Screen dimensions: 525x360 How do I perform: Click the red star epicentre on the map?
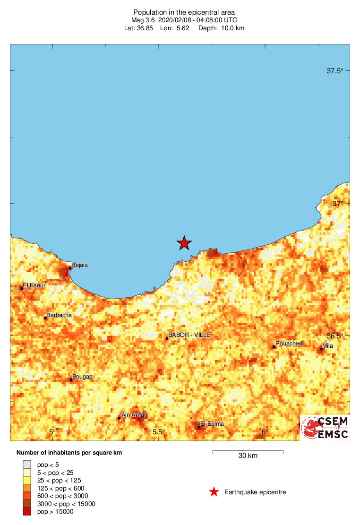[184, 243]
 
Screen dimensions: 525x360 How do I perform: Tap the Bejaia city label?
[79, 265]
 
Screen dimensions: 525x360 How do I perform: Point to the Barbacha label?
[59, 315]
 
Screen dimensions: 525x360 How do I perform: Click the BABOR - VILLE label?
[189, 335]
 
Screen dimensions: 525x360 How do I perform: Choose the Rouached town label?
[289, 344]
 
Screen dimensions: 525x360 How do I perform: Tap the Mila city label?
[327, 346]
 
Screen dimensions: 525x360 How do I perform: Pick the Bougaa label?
[82, 377]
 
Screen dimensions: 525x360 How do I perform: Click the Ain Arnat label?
[134, 415]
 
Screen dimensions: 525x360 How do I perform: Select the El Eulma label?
[212, 424]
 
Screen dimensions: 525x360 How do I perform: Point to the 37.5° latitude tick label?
[335, 71]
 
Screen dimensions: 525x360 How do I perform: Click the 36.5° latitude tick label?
[335, 336]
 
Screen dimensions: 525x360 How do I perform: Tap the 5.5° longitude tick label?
[159, 432]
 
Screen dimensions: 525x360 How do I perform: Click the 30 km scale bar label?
[248, 456]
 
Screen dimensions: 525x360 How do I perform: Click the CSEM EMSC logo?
[325, 428]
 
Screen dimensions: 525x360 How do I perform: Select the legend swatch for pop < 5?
[27, 465]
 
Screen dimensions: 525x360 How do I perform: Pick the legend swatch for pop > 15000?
[27, 511]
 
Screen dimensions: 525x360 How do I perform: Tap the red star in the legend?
[214, 492]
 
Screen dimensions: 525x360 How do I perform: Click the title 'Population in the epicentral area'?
[184, 12]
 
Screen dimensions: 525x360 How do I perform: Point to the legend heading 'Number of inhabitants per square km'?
[69, 453]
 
